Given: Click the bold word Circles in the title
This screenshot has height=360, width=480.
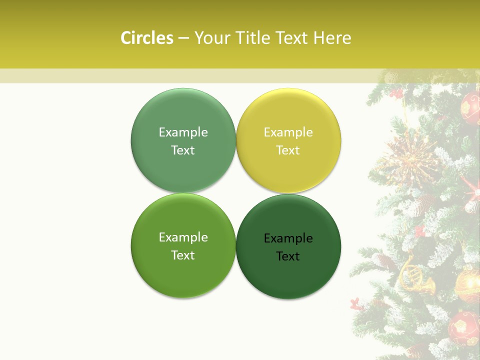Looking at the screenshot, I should [x=146, y=38].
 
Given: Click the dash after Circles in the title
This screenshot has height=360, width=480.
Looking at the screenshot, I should [x=183, y=38].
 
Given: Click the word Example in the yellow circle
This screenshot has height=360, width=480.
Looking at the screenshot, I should [x=288, y=132].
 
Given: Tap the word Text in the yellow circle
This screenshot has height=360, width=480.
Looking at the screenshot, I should [x=288, y=150].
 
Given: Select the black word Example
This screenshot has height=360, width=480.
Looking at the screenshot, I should [x=288, y=238].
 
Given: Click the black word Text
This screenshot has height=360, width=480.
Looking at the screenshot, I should [x=288, y=256].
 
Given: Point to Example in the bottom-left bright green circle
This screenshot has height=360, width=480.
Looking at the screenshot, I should [x=183, y=237].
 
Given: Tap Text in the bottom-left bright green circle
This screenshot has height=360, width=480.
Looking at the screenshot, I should [x=183, y=255].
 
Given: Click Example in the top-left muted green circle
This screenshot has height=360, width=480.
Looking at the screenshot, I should [x=183, y=132].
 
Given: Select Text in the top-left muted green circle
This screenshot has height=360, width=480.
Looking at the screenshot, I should [x=183, y=150].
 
